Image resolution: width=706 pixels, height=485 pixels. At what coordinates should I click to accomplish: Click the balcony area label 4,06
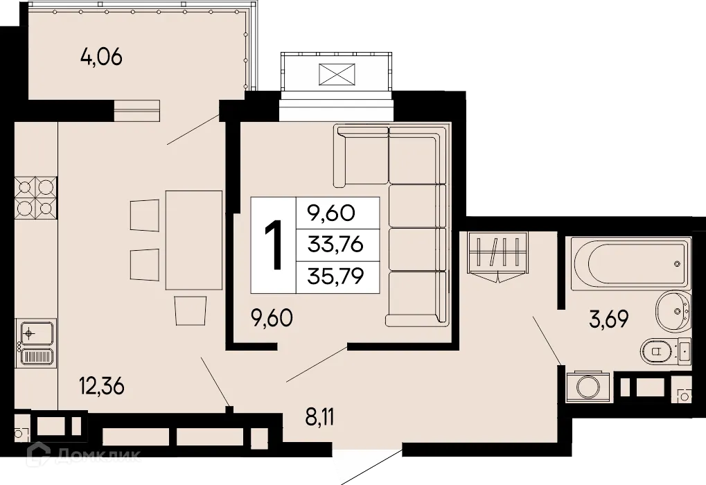(x=101, y=58)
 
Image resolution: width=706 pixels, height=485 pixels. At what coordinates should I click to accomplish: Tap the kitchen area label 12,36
(x=101, y=387)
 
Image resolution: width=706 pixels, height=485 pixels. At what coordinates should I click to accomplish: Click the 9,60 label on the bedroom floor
(x=272, y=319)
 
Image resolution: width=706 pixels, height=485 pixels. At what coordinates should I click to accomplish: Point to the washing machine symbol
(x=588, y=386)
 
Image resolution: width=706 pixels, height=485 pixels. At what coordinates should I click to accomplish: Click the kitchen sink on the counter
(x=36, y=344)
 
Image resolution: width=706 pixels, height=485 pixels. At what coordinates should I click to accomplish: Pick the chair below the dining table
(x=191, y=310)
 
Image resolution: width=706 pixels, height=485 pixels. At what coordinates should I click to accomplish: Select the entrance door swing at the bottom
(x=364, y=468)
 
